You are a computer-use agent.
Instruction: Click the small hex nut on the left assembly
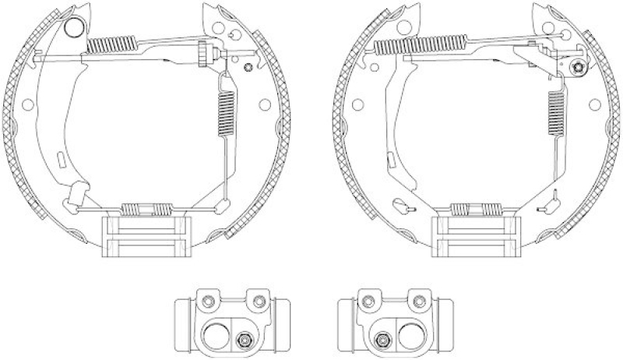point(248,69)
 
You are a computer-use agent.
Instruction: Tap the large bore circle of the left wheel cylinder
point(216,336)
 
